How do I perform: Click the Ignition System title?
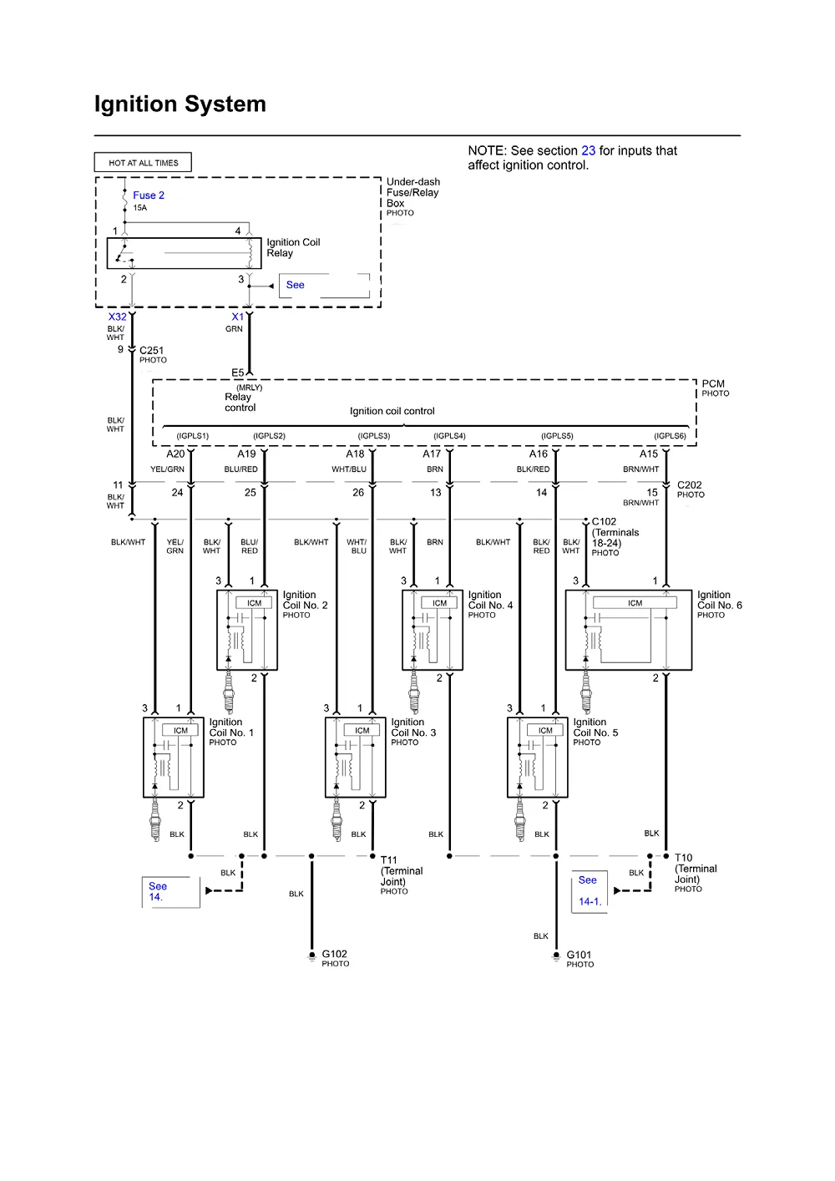coord(180,104)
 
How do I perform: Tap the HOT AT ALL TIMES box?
coord(143,162)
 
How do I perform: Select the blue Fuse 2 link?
coord(148,195)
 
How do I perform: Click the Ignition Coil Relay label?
coord(293,247)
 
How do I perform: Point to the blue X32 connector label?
coord(117,317)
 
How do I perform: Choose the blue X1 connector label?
coord(238,317)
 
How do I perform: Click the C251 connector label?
coord(151,350)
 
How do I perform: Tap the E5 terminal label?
coord(238,373)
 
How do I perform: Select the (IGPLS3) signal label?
coord(374,436)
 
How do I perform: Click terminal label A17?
coord(432,454)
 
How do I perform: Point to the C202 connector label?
coord(690,485)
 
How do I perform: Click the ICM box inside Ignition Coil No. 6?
coord(635,603)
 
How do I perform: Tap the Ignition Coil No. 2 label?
coord(306,600)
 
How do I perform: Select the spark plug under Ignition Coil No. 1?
coord(155,819)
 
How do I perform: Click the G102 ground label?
coord(334,954)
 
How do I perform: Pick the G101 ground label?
coord(579,955)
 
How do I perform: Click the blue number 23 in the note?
coord(589,151)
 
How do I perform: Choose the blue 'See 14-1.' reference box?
coord(590,891)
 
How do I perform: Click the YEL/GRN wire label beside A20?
coord(167,469)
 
